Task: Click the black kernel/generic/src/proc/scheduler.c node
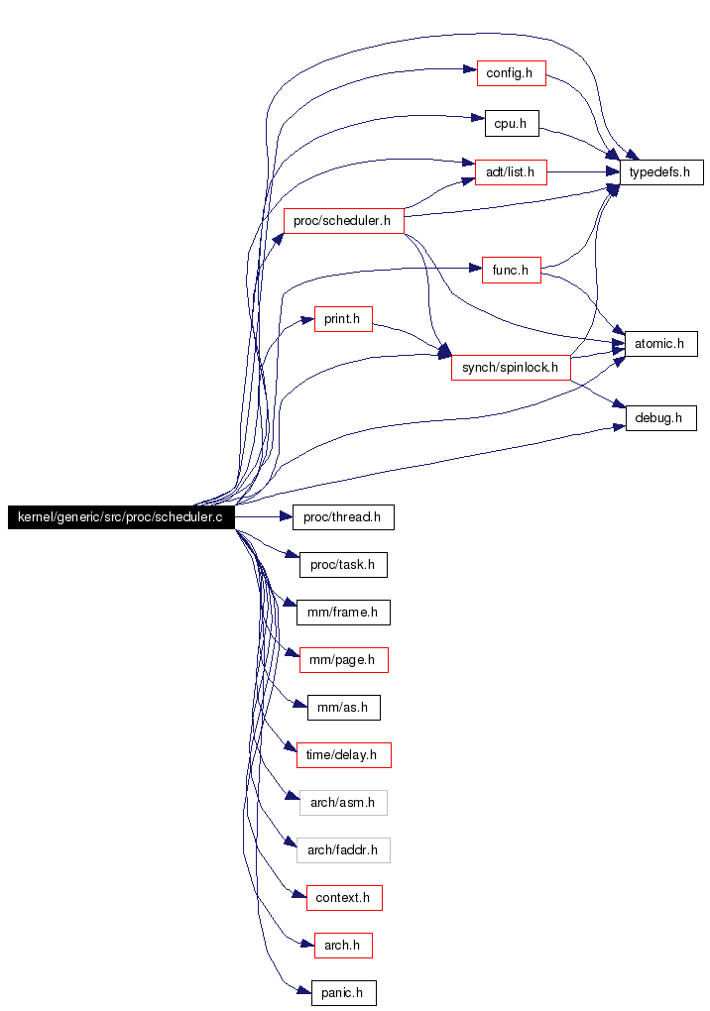click(x=121, y=517)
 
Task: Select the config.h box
click(x=512, y=73)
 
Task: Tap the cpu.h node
click(x=512, y=124)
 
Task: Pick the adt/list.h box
click(x=512, y=172)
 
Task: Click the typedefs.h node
click(x=661, y=172)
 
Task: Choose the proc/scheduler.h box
click(x=344, y=221)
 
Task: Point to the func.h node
click(x=512, y=271)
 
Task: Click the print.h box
click(x=344, y=319)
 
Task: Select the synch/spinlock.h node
click(x=512, y=368)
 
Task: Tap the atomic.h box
click(x=661, y=344)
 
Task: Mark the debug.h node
click(x=661, y=418)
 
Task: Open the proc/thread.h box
click(x=344, y=517)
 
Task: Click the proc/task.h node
click(x=344, y=565)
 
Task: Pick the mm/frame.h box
click(x=344, y=613)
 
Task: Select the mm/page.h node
click(x=344, y=660)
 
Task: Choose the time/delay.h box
click(x=344, y=755)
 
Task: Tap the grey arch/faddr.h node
click(x=344, y=850)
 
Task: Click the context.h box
click(x=344, y=898)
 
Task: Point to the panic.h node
click(x=344, y=993)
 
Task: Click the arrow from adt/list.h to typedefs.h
click(x=584, y=172)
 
